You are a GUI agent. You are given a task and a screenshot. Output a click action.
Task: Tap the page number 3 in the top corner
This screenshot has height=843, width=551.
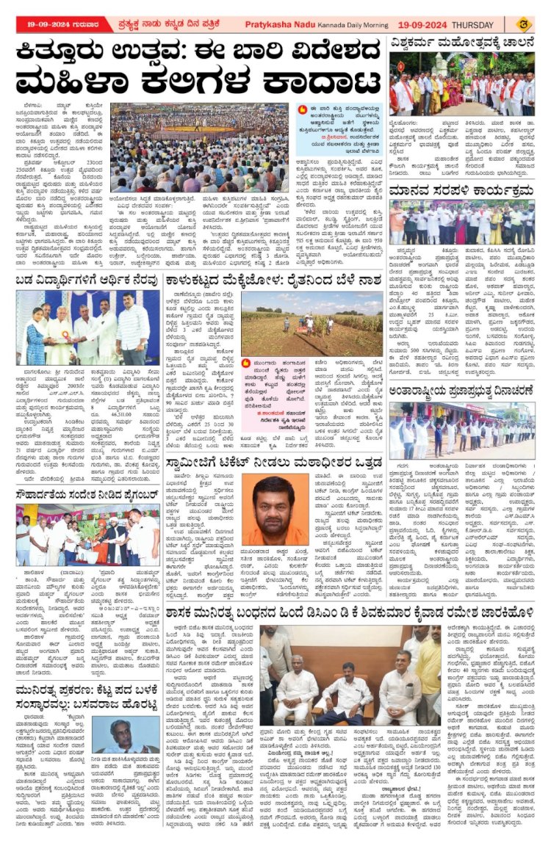click(x=539, y=23)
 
